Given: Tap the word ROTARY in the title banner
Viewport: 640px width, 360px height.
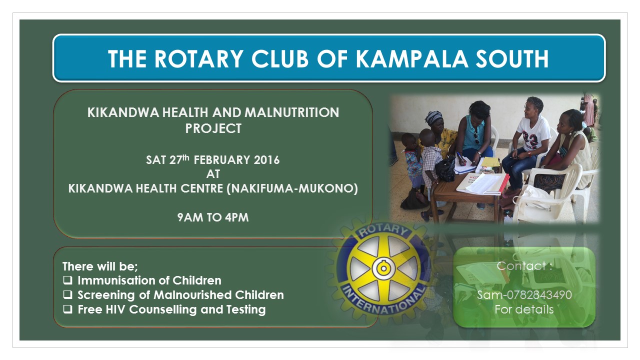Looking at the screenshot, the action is pos(199,59).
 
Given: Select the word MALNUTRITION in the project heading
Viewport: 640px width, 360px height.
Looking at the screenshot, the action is pos(291,112).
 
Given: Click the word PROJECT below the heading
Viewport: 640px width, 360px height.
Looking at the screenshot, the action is pos(213,128).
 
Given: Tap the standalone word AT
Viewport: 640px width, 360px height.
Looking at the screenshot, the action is pos(213,174).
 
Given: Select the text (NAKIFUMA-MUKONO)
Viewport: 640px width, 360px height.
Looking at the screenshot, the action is pos(292,188).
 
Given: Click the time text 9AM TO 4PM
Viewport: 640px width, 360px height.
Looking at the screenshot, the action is pos(213,217).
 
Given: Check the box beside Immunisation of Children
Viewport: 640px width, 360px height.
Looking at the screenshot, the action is pos(67,280).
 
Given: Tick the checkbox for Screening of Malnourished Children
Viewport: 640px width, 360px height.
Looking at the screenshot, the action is pos(67,294).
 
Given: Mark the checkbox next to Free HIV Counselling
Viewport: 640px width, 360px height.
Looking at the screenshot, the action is pos(67,309).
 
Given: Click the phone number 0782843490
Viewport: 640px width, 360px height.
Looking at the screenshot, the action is pos(539,295).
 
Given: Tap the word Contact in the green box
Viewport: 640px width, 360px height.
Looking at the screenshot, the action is pos(521,266).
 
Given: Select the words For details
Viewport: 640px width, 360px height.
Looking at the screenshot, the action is pos(524,309).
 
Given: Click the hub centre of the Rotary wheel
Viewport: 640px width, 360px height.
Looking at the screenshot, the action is pos(383,268).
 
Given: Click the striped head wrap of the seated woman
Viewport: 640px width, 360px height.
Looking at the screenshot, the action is pos(433,117).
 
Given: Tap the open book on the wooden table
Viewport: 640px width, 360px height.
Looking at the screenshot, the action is pos(482,183).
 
